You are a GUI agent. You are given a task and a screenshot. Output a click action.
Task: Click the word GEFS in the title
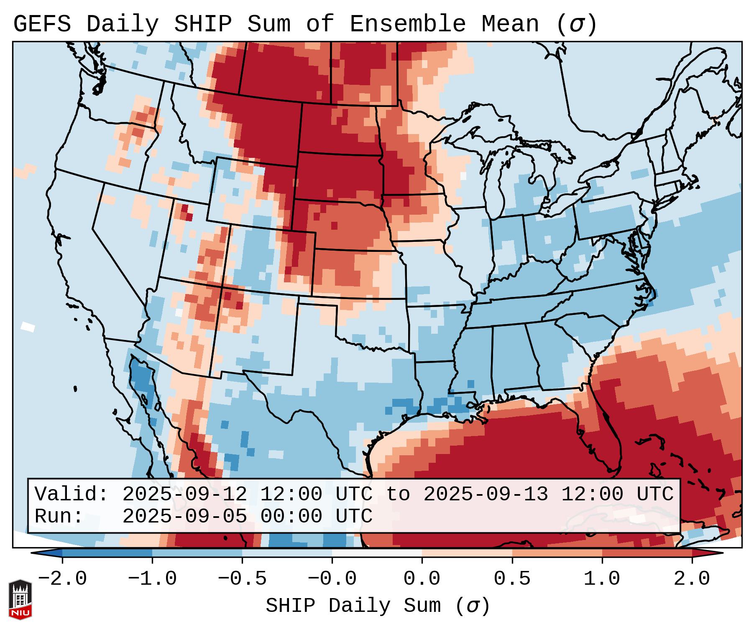42,24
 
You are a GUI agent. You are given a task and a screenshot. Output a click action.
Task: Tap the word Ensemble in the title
407,24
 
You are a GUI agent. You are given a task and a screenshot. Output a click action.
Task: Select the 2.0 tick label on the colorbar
692,579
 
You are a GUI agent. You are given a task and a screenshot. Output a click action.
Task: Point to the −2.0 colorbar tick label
62,579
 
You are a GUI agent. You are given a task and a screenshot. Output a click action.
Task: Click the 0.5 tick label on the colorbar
512,579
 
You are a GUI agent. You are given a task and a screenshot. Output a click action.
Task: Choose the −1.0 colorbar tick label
152,579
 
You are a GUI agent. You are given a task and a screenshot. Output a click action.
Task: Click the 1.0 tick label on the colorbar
602,579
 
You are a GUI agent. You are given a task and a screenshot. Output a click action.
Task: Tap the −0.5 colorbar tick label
242,579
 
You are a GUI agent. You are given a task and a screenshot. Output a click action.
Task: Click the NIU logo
20,599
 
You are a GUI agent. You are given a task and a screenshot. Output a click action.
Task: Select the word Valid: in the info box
71,494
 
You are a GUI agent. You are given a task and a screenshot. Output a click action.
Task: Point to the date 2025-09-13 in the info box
486,494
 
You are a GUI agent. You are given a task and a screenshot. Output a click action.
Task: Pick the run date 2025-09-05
184,516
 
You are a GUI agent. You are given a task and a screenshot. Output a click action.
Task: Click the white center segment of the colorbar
377,553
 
